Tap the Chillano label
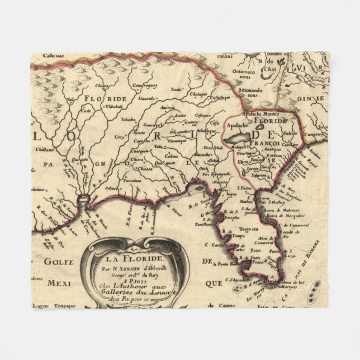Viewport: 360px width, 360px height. click(x=42, y=149)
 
